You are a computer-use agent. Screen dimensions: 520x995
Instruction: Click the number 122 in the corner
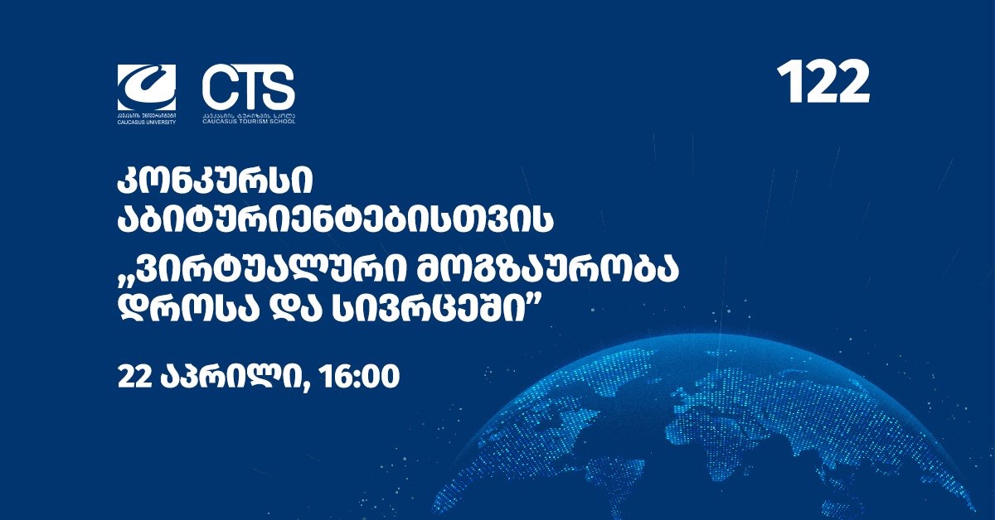pyautogui.click(x=823, y=83)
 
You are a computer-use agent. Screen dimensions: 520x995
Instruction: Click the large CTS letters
pyautogui.click(x=248, y=86)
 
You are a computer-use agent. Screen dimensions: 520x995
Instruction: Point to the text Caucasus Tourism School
pyautogui.click(x=248, y=121)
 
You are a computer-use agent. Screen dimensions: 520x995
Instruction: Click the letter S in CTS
pyautogui.click(x=278, y=86)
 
